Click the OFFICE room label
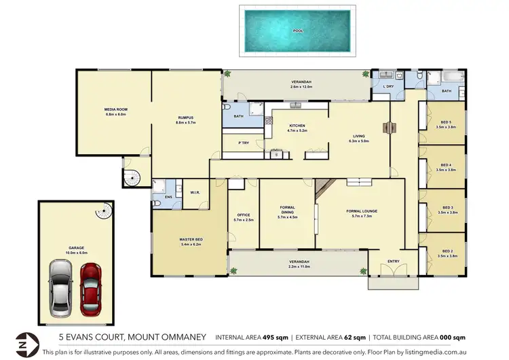[x=243, y=216]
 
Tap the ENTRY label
[x=393, y=261]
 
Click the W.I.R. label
[x=194, y=191]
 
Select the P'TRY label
[x=242, y=143]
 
